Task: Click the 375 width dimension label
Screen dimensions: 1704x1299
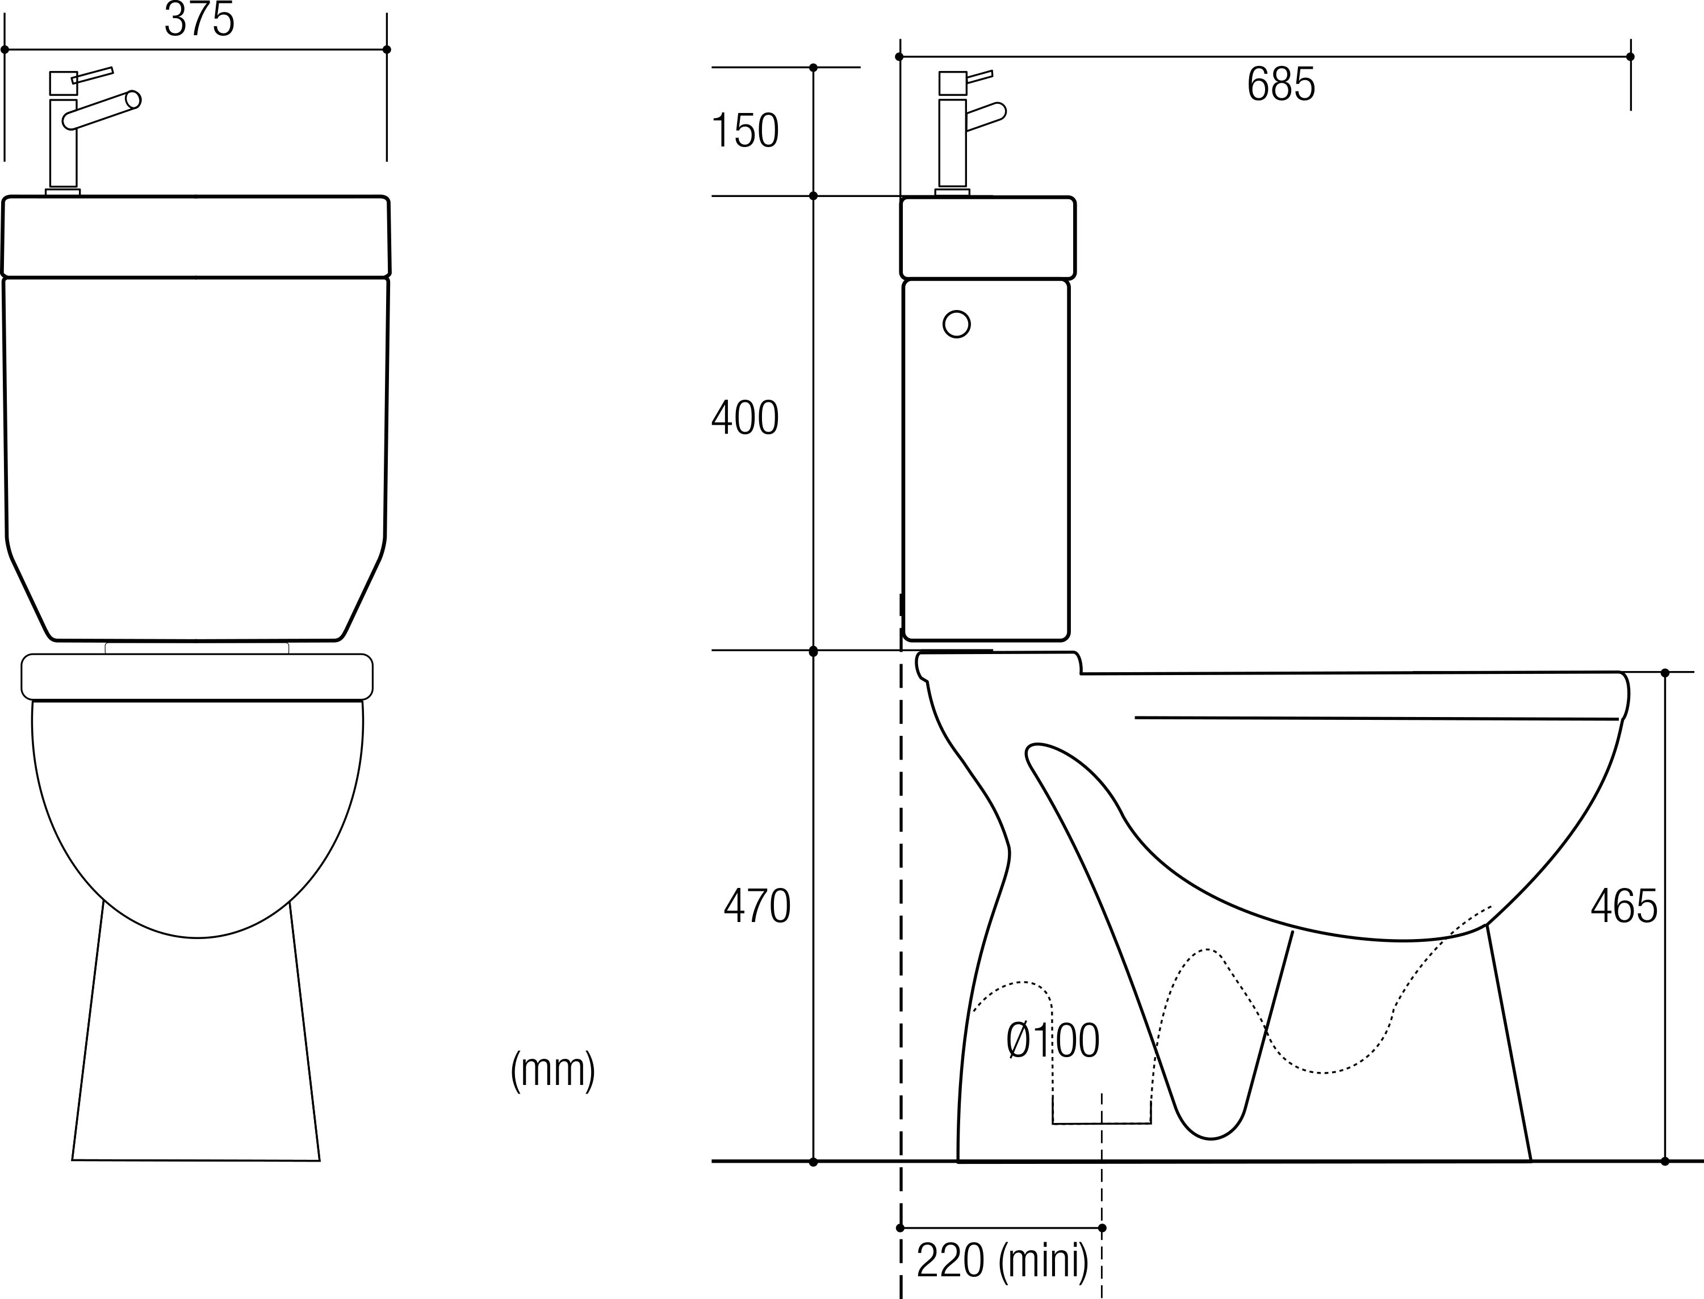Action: tap(199, 19)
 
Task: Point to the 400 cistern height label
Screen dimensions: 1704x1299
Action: tap(744, 418)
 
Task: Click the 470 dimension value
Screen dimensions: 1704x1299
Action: tap(757, 906)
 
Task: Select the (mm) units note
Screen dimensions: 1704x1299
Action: tap(553, 1070)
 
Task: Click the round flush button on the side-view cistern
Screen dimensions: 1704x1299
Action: tap(956, 324)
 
